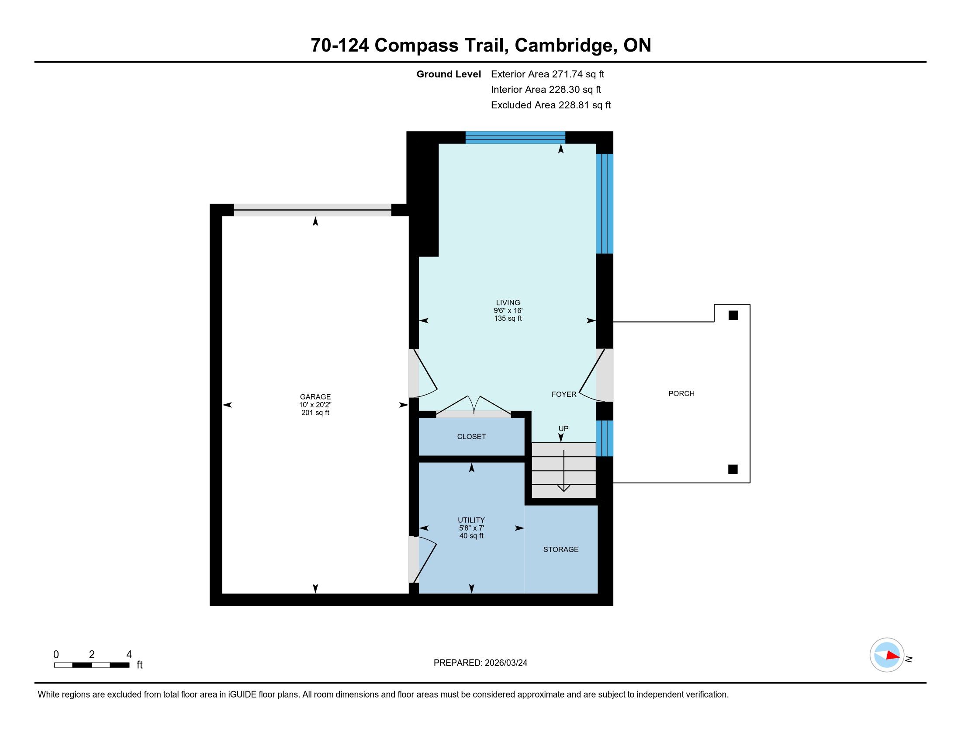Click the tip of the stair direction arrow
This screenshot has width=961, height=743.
tap(563, 491)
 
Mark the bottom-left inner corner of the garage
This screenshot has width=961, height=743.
tap(222, 594)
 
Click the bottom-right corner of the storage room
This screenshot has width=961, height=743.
tap(598, 594)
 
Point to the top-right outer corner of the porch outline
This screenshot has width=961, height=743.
tap(750, 304)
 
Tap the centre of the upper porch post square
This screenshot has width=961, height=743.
tap(733, 315)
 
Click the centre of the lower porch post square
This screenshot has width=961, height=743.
tap(733, 469)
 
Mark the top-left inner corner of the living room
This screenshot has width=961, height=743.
tap(439, 144)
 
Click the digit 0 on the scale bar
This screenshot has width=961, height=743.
tap(56, 655)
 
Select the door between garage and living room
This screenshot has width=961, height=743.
tap(422, 373)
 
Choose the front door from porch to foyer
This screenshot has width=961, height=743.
tap(596, 375)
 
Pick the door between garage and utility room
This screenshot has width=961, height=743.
tap(422, 559)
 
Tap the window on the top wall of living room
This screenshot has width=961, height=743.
tap(515, 137)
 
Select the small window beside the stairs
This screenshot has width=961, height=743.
tap(605, 438)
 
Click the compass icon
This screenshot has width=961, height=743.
tap(887, 655)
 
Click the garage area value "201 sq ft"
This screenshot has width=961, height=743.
tap(315, 413)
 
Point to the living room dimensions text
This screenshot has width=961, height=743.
tap(508, 310)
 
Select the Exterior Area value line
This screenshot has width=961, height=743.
tap(547, 74)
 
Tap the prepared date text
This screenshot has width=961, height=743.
tap(480, 663)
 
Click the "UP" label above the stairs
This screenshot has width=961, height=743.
tap(563, 429)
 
